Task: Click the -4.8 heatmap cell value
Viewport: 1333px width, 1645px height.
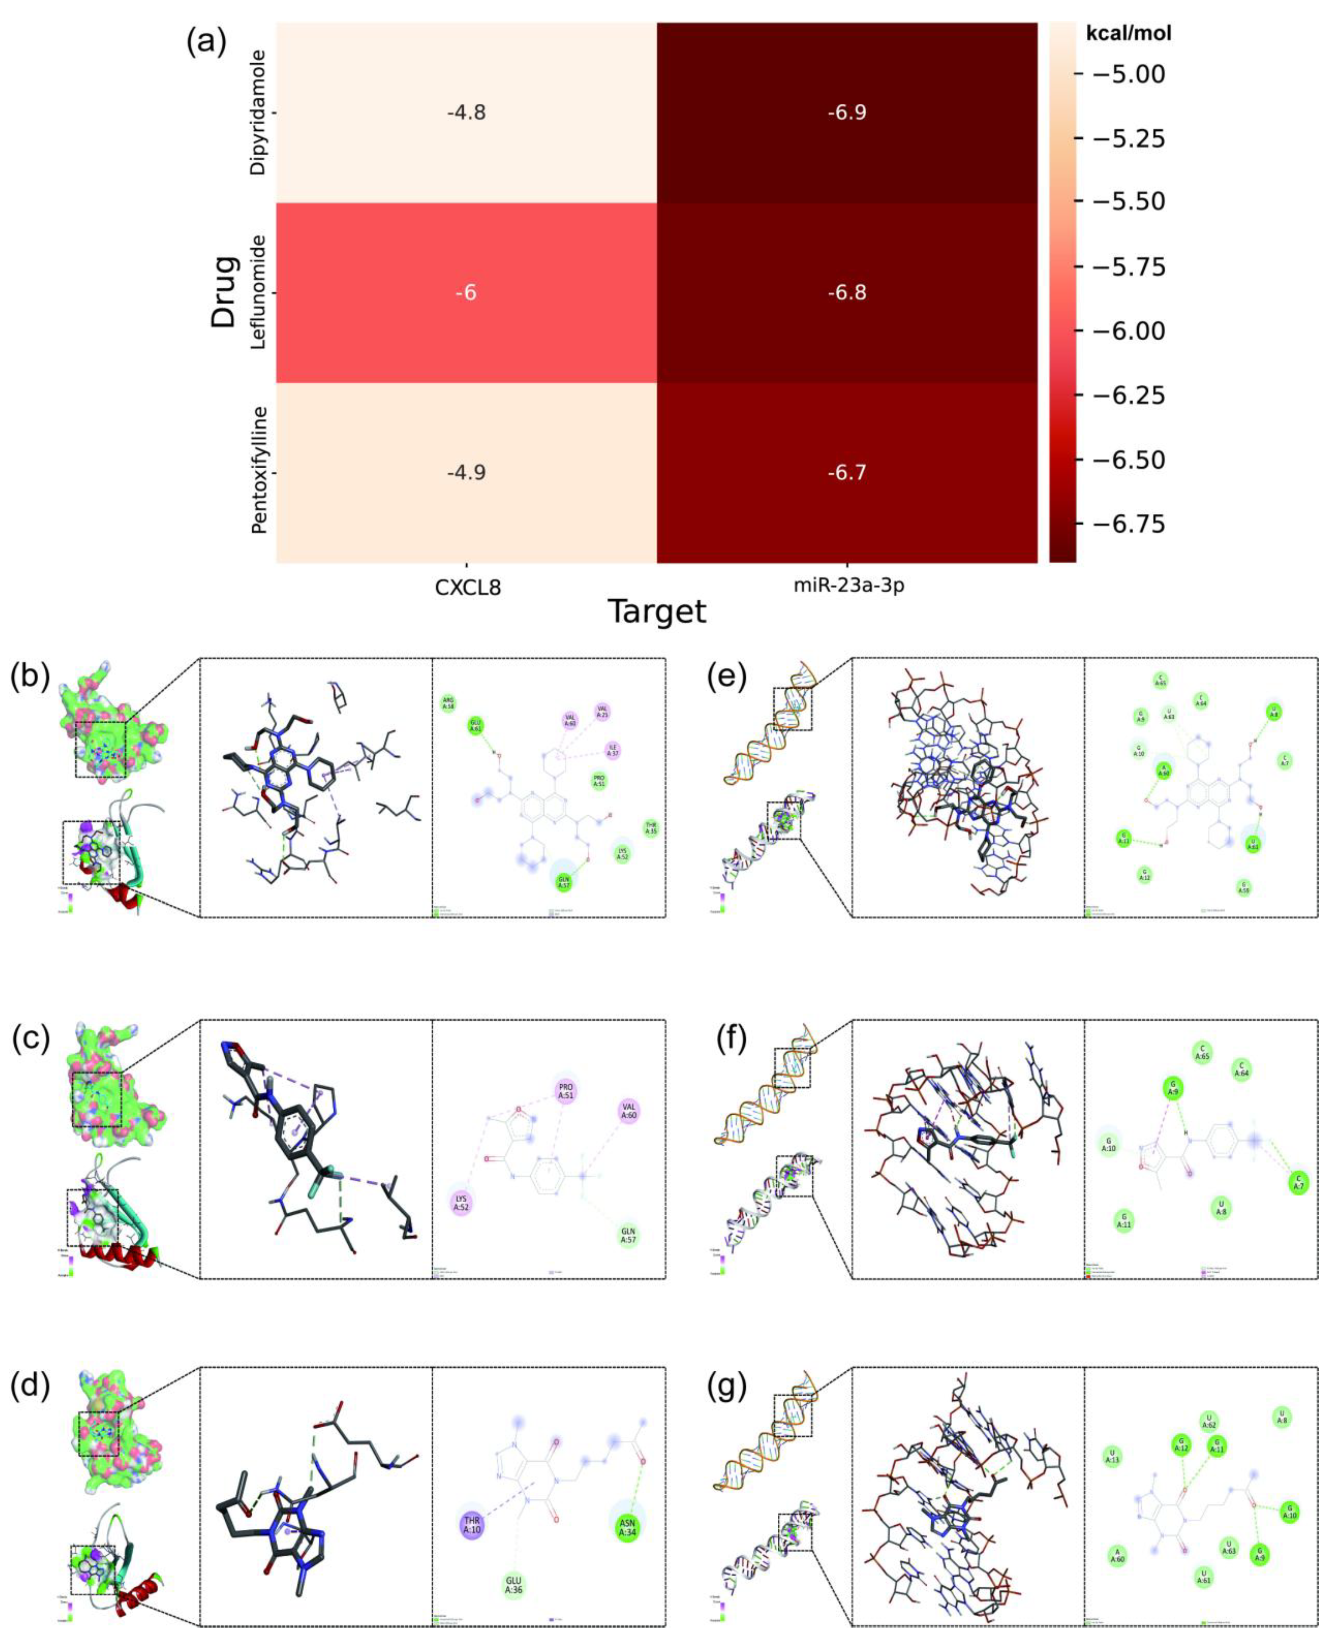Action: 466,113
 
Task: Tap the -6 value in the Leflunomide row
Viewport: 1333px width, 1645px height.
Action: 466,292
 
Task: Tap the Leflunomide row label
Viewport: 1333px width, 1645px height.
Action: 259,292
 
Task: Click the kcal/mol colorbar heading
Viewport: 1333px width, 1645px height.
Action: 1129,34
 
